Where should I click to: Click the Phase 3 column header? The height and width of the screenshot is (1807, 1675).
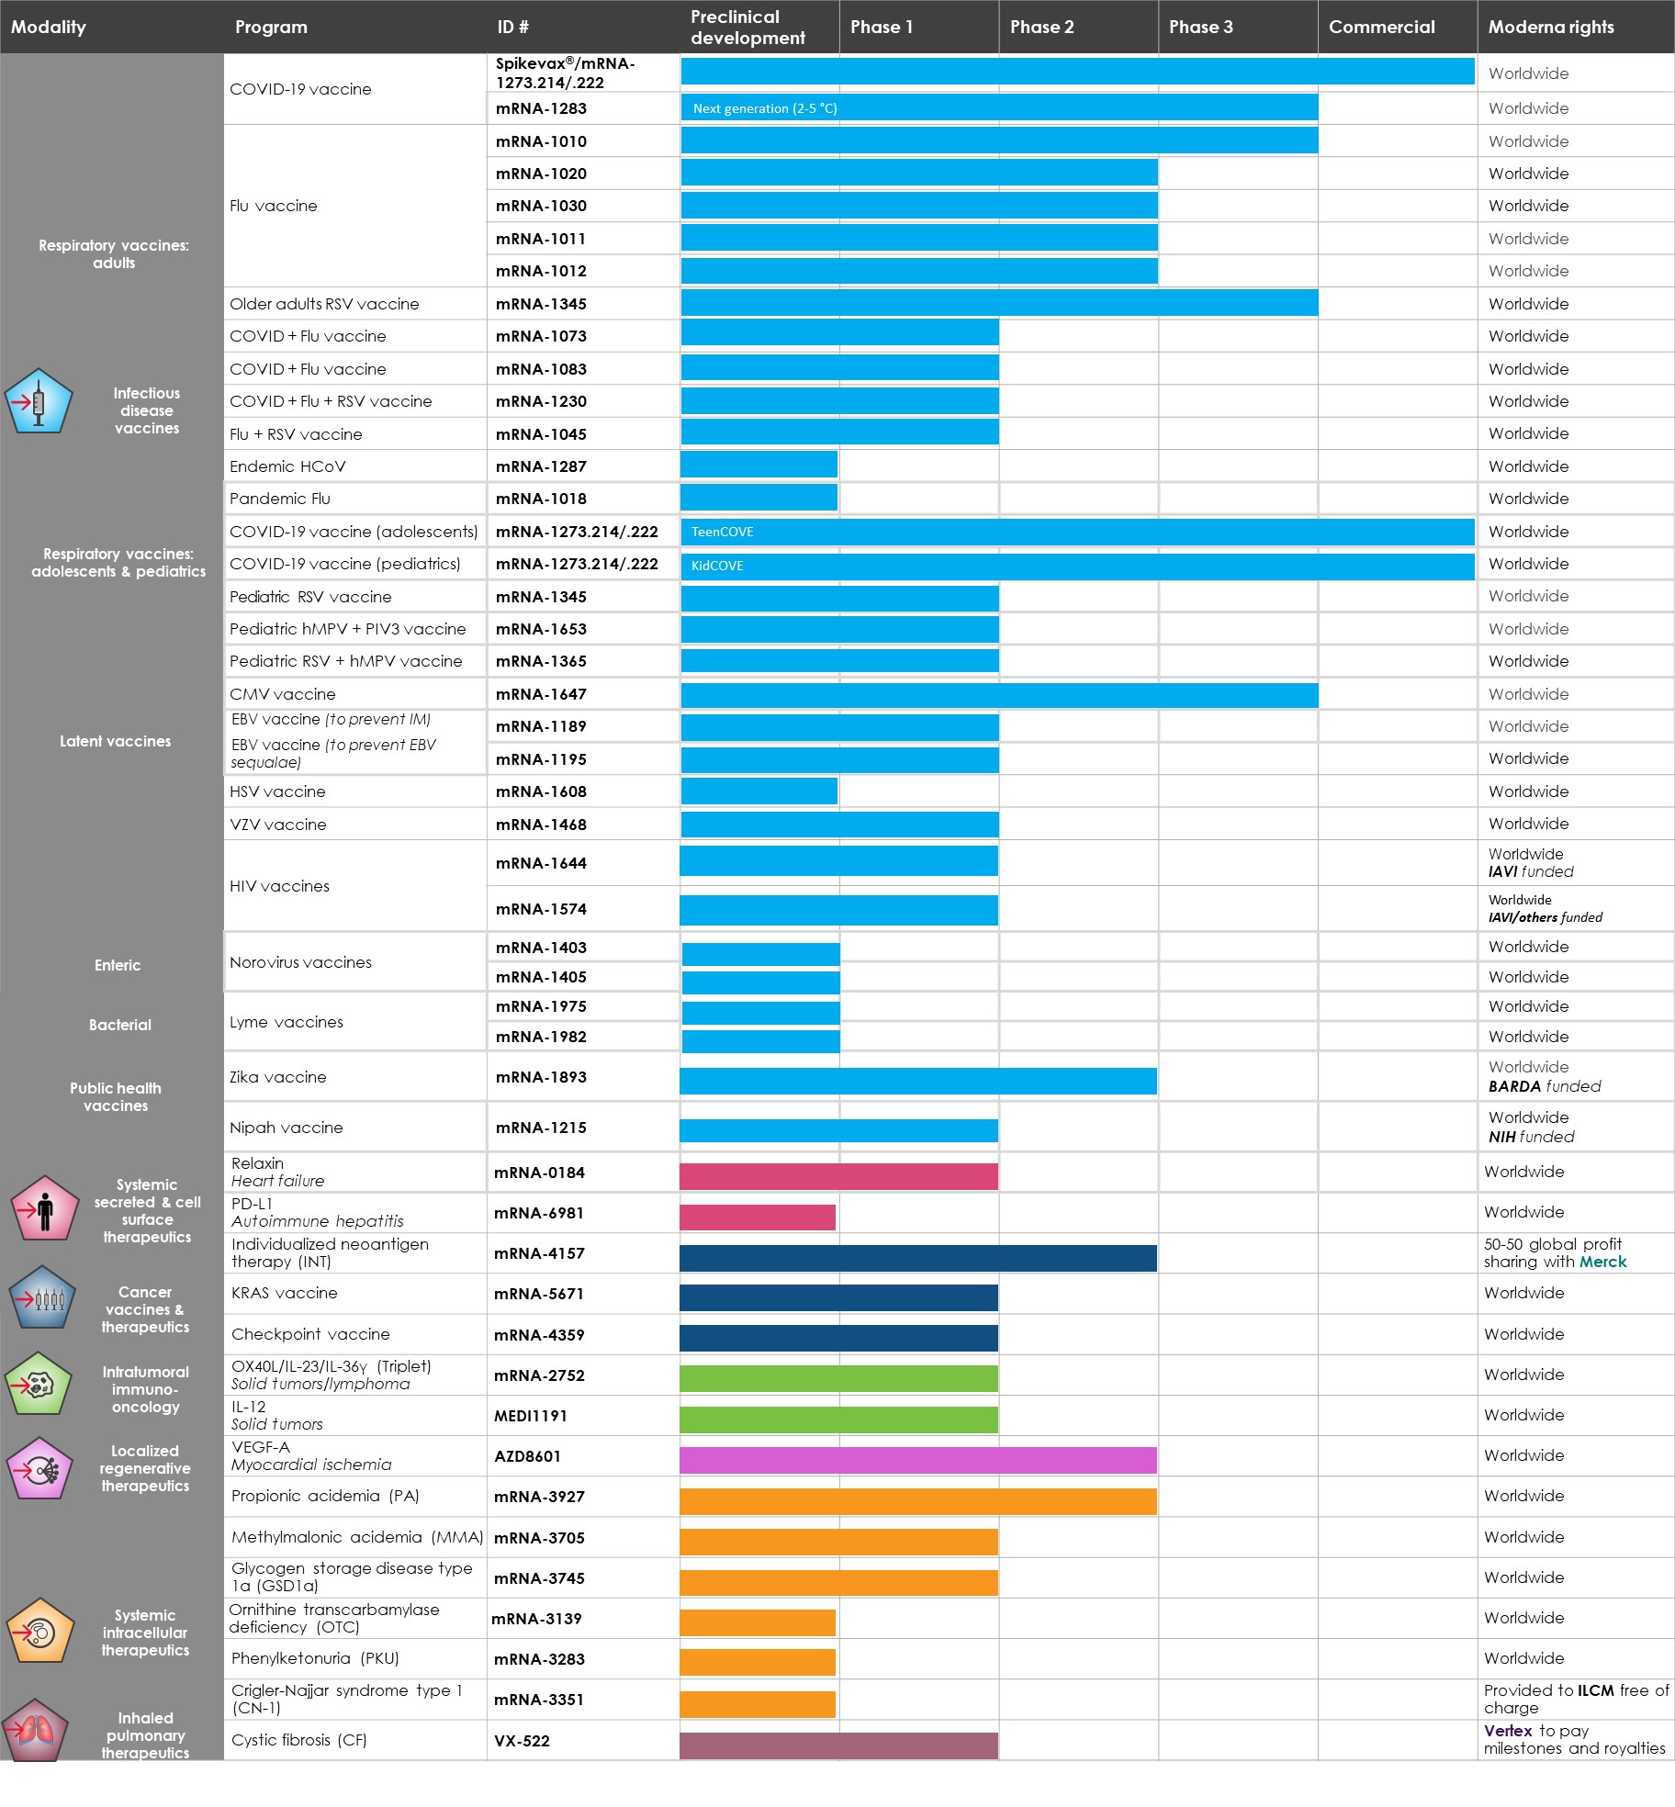click(x=1200, y=27)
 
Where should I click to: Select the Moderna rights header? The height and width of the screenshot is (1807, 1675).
click(x=1550, y=27)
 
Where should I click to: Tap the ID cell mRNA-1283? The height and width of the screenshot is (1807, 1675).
click(x=541, y=108)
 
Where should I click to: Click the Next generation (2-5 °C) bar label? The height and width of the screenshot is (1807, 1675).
click(x=764, y=108)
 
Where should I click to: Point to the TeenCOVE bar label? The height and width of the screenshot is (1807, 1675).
click(x=722, y=532)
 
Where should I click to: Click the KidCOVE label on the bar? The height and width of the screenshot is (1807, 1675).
click(x=717, y=565)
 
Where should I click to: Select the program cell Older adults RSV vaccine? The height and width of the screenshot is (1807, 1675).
click(x=324, y=304)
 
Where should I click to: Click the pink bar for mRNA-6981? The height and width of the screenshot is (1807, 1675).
click(x=757, y=1218)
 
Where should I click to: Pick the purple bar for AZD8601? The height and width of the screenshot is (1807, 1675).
click(x=917, y=1460)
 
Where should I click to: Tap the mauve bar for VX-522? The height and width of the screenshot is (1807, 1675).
click(x=837, y=1745)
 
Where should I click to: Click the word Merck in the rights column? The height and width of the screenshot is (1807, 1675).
click(x=1602, y=1262)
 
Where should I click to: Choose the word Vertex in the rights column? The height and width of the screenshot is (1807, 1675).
click(x=1507, y=1730)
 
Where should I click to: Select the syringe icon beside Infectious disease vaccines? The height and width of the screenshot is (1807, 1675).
click(x=39, y=402)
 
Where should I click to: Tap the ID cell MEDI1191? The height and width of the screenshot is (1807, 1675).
click(x=530, y=1416)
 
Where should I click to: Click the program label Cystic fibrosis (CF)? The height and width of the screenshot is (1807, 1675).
click(x=298, y=1740)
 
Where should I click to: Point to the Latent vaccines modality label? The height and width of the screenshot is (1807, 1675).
click(x=115, y=741)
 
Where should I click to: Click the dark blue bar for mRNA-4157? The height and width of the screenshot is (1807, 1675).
click(x=917, y=1258)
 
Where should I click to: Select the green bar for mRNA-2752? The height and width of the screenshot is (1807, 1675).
click(x=837, y=1379)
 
